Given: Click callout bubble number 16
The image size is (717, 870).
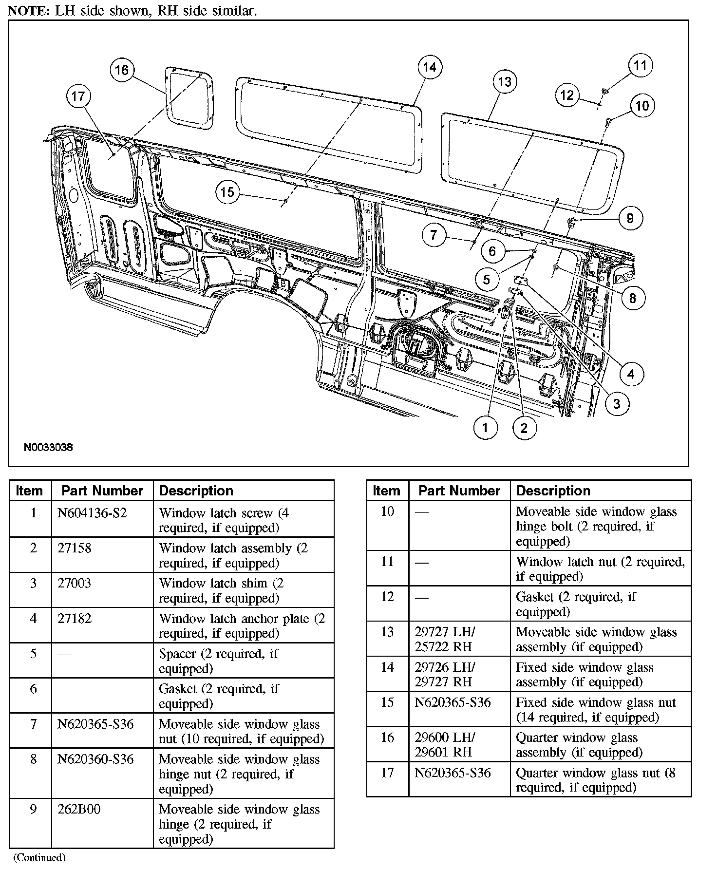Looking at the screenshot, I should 121,70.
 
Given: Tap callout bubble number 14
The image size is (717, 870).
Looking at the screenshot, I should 429,67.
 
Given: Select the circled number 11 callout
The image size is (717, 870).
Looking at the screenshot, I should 640,66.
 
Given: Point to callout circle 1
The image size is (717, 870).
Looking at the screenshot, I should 485,428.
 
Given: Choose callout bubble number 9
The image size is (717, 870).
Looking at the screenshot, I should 630,218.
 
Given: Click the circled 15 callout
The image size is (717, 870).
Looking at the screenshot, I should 227,192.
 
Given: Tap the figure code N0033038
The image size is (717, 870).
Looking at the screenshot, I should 49,447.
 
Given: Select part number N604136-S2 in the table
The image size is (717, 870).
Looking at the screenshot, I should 92,513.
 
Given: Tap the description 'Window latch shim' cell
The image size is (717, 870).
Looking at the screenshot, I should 221,590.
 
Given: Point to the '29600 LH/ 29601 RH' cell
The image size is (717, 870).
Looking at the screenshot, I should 445,745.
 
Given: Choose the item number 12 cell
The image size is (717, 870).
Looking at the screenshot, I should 387,597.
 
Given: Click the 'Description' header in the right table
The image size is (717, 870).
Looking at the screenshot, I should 553,491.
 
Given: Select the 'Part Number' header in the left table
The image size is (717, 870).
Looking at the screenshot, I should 102,491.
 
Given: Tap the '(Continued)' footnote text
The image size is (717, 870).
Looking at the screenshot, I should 39,857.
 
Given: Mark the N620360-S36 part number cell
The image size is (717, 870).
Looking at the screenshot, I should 95,759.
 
